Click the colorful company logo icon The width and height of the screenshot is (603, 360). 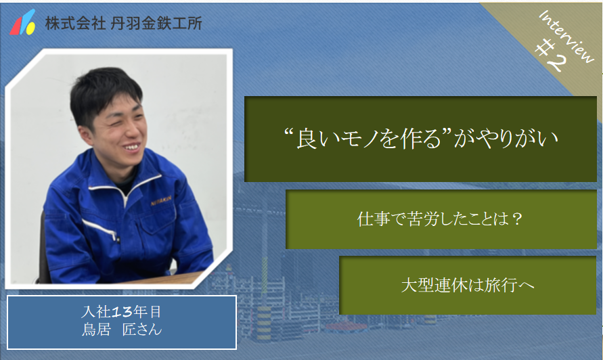(x=22, y=22)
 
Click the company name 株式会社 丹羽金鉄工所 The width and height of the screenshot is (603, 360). (x=123, y=24)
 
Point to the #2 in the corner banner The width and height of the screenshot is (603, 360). (x=551, y=56)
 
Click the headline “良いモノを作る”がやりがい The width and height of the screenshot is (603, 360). (x=421, y=139)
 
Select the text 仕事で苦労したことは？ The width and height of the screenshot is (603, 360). (x=440, y=219)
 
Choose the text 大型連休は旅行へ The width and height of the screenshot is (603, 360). (x=467, y=286)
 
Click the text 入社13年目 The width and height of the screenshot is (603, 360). (x=122, y=311)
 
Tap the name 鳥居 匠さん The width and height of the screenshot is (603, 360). (x=122, y=330)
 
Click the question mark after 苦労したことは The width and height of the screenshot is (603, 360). (x=517, y=220)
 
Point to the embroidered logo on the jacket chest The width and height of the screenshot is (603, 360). (x=161, y=200)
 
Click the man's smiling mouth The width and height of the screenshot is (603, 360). (x=131, y=147)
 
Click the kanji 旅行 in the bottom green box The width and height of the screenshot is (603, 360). (x=500, y=286)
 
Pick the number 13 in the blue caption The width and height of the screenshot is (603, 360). (x=122, y=312)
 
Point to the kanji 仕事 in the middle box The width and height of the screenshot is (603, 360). (x=374, y=219)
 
